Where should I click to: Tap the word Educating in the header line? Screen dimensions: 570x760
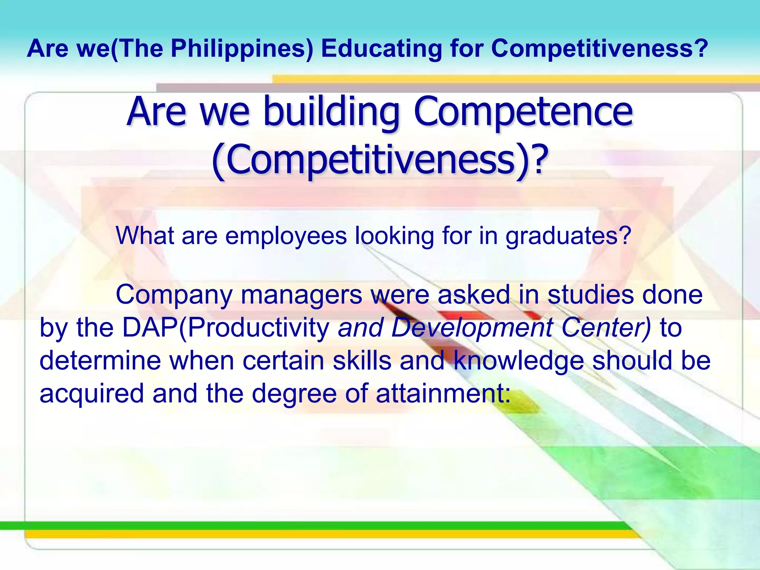click(381, 49)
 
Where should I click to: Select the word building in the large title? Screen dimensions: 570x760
click(331, 111)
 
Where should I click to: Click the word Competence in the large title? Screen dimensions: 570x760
click(523, 111)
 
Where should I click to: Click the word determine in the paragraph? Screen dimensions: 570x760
click(100, 361)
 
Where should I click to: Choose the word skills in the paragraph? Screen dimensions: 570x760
click(362, 361)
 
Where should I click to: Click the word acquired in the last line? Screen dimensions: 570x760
click(92, 393)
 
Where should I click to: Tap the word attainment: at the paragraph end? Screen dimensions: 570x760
click(443, 393)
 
